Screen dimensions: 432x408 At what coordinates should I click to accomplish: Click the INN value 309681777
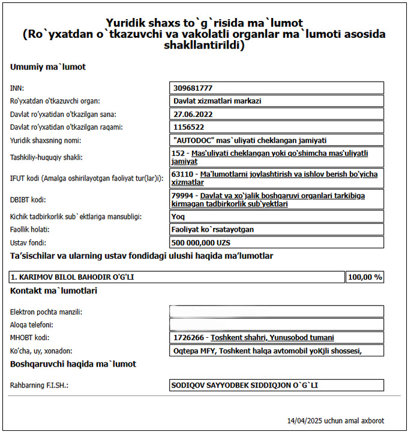tap(193, 88)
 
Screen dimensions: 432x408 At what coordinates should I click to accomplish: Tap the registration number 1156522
tap(189, 127)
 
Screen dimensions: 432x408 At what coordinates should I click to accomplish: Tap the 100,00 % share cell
tap(365, 277)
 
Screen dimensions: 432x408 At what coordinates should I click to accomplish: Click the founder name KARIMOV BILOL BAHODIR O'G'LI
tap(72, 277)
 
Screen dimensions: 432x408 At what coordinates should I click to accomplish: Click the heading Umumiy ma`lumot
tap(48, 67)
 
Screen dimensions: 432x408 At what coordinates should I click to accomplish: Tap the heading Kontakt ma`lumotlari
tap(53, 291)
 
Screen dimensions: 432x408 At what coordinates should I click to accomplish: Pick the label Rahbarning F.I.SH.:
tap(39, 385)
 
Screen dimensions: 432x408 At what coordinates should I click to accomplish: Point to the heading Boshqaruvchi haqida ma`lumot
tap(73, 364)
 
